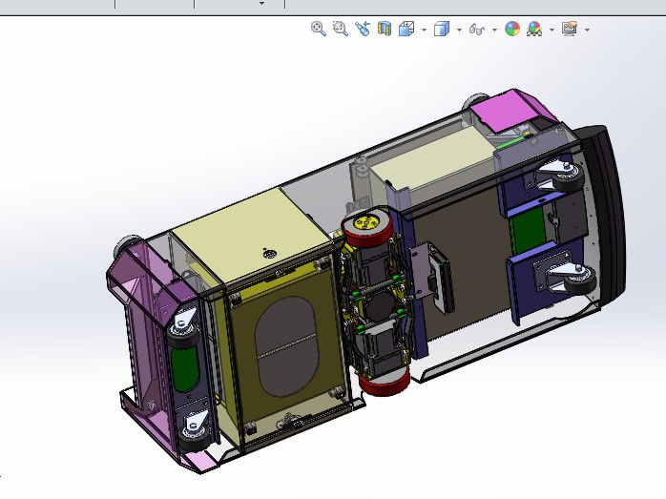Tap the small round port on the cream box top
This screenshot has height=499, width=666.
tap(268, 254)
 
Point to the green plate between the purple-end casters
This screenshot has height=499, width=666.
tap(186, 376)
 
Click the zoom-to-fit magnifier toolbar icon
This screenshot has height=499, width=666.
tap(319, 29)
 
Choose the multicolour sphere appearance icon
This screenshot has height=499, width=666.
tap(512, 29)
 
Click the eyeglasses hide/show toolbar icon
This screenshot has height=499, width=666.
tap(479, 29)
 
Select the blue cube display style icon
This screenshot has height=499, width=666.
tap(441, 29)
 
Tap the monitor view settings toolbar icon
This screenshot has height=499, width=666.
tap(570, 29)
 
